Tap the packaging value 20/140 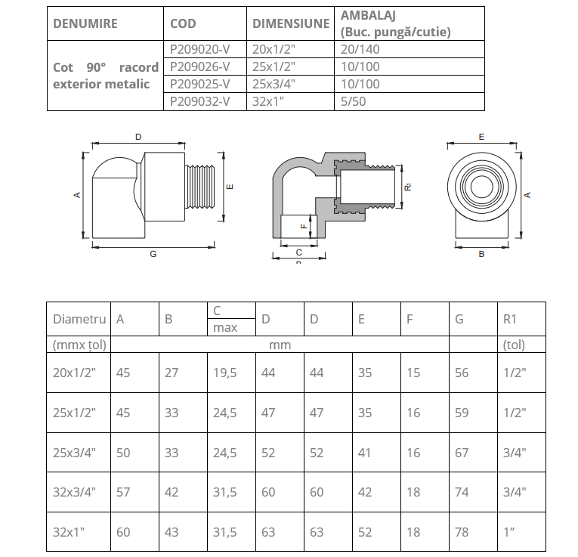click(360, 49)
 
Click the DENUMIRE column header click(85, 23)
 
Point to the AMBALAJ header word click(369, 15)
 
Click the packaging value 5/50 click(353, 101)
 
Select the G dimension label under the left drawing click(153, 255)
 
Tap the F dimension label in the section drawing click(303, 225)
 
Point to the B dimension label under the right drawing click(481, 255)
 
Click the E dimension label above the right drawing click(481, 137)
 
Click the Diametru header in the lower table click(79, 319)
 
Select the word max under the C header click(225, 328)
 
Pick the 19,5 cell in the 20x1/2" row click(224, 373)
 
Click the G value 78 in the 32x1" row click(462, 532)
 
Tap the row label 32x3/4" click(75, 492)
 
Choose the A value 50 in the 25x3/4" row click(123, 453)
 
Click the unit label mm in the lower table click(280, 345)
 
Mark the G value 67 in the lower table click(462, 453)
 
